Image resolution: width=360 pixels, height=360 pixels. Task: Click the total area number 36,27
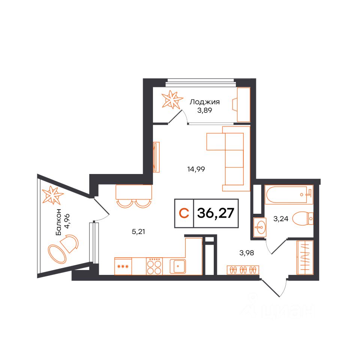[x=216, y=213]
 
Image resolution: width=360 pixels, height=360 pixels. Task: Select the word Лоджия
[x=204, y=102]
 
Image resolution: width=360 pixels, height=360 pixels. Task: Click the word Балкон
[x=59, y=222]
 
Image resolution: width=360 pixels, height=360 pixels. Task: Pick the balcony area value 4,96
[x=67, y=222]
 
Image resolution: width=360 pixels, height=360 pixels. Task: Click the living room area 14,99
[x=196, y=169]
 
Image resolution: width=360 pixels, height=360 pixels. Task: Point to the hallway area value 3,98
[x=247, y=252]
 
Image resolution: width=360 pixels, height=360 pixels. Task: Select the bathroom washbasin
[x=259, y=227]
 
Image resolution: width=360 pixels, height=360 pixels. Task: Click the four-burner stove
[x=155, y=266]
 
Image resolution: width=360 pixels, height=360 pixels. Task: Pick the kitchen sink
[x=178, y=266]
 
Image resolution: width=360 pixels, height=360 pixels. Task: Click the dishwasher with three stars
[x=124, y=266]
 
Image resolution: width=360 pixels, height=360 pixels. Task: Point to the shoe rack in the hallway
[x=243, y=270]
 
